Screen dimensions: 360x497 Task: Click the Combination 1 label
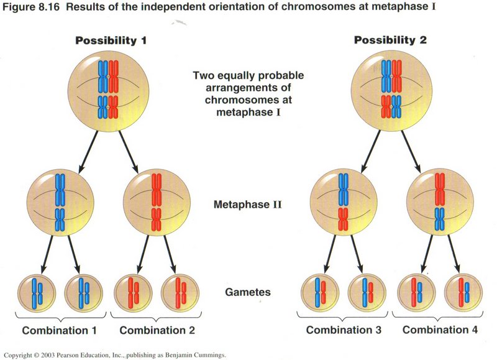tap(60, 330)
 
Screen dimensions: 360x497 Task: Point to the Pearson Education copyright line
tap(115, 355)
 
